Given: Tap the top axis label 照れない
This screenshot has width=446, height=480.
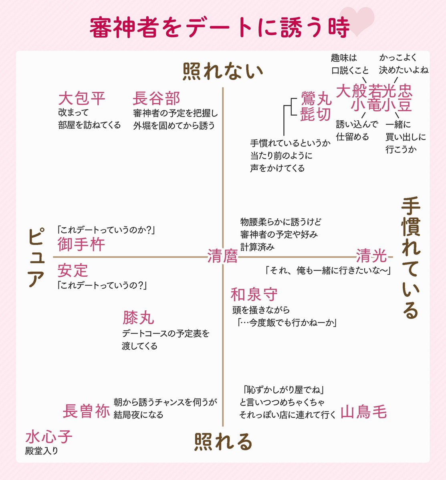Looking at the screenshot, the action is click(223, 72).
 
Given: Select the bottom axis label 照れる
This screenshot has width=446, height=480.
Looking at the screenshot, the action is click(223, 442).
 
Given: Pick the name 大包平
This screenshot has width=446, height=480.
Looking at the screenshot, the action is click(82, 98).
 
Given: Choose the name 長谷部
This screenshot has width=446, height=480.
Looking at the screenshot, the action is click(157, 98).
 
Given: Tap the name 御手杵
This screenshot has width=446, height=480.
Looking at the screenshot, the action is click(81, 244).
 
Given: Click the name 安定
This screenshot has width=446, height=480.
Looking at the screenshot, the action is click(73, 270).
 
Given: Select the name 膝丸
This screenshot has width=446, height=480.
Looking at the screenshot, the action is click(138, 318).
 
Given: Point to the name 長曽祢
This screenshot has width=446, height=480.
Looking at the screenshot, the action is click(86, 411).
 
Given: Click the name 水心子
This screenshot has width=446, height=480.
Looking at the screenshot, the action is click(48, 436).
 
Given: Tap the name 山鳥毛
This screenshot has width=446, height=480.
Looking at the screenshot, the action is click(363, 411).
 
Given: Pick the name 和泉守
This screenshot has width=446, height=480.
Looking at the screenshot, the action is click(254, 295).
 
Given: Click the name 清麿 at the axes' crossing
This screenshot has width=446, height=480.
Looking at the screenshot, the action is click(222, 256).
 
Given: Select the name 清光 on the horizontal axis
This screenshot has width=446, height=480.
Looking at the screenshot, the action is click(371, 255).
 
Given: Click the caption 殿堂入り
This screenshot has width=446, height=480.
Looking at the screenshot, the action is click(42, 451).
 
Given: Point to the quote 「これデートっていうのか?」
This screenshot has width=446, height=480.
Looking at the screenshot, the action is click(106, 230).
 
